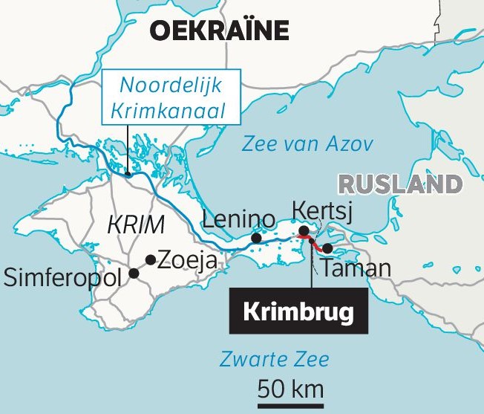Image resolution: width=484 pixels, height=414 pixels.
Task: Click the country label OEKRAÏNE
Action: pos(219,30)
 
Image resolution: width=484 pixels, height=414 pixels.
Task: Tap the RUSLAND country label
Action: pos(399,184)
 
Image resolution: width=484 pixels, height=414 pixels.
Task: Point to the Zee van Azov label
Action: pos(308,145)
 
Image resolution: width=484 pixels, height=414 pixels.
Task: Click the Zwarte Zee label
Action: pos(275,360)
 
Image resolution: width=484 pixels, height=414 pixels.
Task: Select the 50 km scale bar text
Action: pos(290,388)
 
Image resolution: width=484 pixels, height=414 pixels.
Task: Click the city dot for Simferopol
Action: pos(134,273)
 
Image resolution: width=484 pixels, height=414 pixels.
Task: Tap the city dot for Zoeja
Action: pos(151,259)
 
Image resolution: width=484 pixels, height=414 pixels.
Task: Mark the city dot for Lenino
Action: pos(256,238)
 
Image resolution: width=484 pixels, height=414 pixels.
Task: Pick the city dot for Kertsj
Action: pos(304,232)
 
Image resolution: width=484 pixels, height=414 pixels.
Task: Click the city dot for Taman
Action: pos(328,248)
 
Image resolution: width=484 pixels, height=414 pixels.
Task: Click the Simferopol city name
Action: pos(65,279)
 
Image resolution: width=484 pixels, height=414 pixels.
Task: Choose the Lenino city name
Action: pos(239,219)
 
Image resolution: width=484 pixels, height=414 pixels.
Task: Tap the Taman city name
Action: pos(356,268)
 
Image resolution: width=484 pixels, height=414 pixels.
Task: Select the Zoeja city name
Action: pos(186,260)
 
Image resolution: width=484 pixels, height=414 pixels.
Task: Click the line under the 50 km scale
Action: pos(290,406)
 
